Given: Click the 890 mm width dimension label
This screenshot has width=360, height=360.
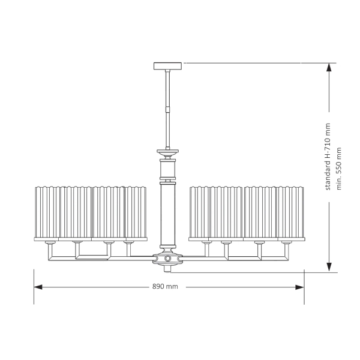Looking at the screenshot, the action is coord(165,287).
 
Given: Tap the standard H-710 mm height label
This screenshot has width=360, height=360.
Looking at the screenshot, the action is coord(328,157).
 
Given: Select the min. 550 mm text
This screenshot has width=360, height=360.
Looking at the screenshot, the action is coord(339,169).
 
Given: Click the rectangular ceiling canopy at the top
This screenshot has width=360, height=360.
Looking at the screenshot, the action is coord(167,66).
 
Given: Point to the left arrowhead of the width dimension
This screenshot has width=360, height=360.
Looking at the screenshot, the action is coord(38,287).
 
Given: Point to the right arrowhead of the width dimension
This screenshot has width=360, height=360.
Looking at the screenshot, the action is coord(300,287).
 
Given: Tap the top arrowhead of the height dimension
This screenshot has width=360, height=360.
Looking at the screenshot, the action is coord(329,67).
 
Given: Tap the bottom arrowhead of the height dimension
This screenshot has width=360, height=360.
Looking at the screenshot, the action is coord(329,267).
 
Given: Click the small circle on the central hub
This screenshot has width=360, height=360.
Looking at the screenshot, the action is coord(167,259).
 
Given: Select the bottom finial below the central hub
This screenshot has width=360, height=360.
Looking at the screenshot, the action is coord(167,269).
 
